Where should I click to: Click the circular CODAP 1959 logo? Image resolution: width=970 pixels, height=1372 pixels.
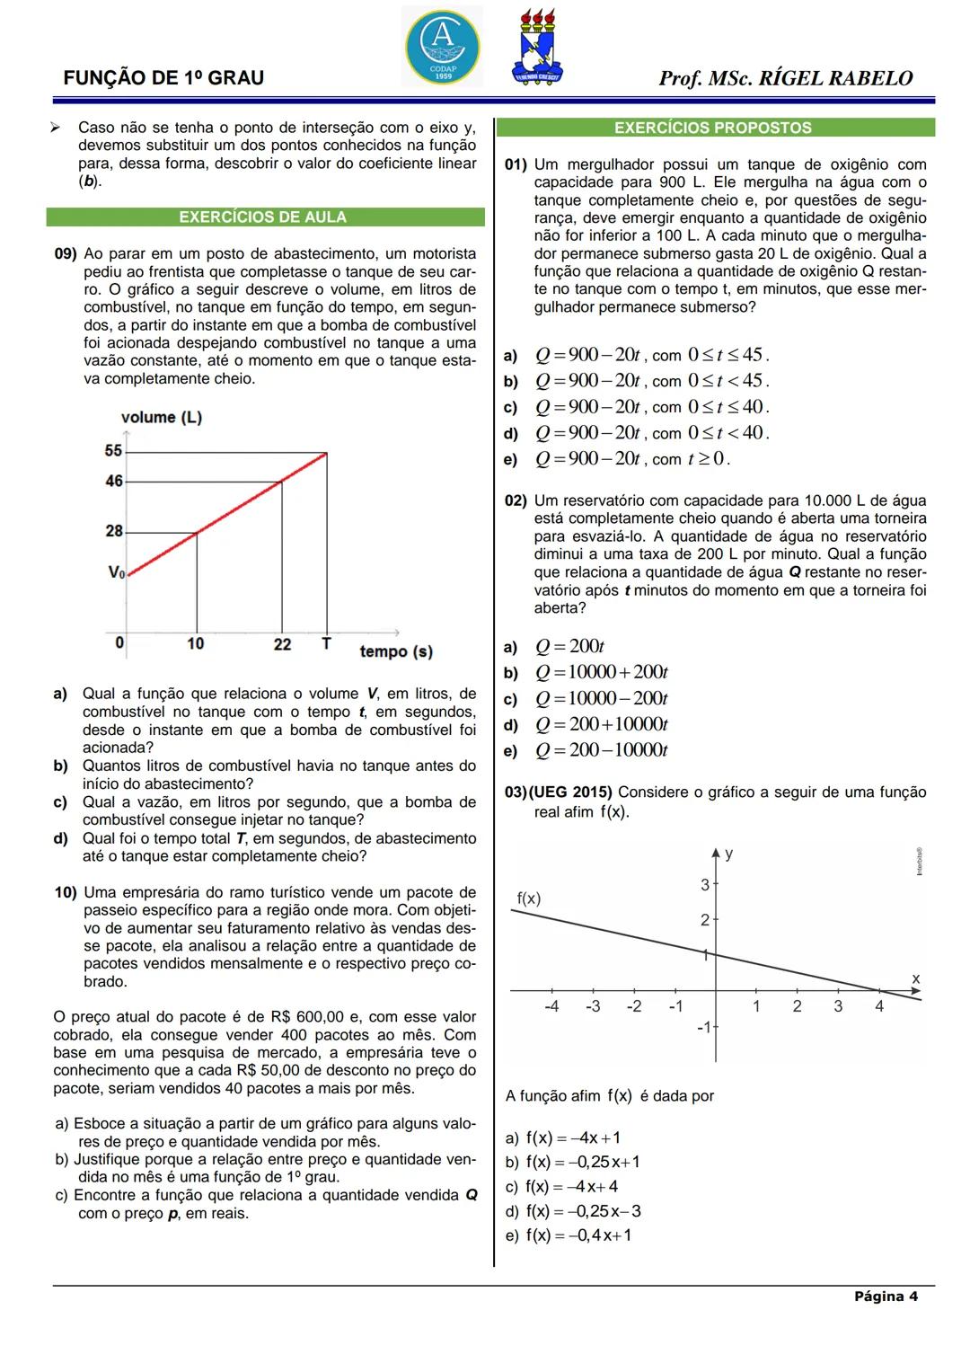442,47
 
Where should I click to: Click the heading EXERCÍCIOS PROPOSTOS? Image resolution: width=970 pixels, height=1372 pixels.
713,128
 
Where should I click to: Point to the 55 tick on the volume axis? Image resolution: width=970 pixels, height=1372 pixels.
114,451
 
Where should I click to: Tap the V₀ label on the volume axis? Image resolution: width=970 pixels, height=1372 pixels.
116,572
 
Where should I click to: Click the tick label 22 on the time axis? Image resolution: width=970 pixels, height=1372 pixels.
283,644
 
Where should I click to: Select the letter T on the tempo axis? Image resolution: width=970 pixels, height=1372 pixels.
326,643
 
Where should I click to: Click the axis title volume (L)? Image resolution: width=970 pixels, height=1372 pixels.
162,418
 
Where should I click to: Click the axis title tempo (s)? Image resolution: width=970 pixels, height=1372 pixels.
396,651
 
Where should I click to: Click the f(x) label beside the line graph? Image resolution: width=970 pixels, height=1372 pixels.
529,898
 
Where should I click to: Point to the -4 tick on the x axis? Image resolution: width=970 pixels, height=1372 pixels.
551,1006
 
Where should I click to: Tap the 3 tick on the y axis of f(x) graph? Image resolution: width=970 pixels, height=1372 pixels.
705,885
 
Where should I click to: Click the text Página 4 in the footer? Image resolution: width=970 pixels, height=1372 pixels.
886,1297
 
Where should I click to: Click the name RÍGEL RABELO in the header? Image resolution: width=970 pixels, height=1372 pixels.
836,79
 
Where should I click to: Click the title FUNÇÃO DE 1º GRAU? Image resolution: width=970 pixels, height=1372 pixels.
163,78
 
